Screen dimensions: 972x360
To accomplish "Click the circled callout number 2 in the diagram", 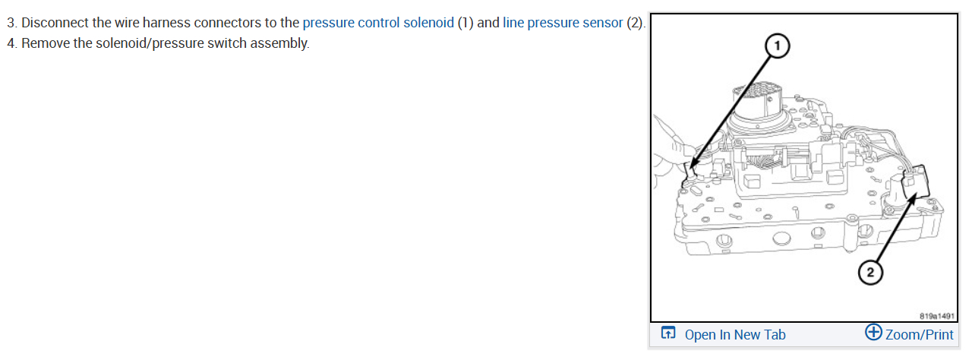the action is pos(871,271).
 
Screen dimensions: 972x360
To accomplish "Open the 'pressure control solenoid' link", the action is pos(377,22).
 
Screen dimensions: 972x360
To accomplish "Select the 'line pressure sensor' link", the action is pos(563,22).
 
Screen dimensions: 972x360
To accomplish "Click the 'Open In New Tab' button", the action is pos(734,335).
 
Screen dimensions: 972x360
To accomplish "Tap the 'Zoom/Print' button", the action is pos(919,335).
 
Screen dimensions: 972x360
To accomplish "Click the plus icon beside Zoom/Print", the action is pos(873,333).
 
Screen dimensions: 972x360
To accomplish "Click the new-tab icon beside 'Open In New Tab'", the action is pos(668,333).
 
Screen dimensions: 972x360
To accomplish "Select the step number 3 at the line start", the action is pos(11,22).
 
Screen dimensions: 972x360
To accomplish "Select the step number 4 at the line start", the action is pos(11,43).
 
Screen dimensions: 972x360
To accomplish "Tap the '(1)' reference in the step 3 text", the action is pos(465,22).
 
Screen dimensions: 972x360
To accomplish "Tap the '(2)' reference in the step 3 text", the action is pos(635,22).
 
